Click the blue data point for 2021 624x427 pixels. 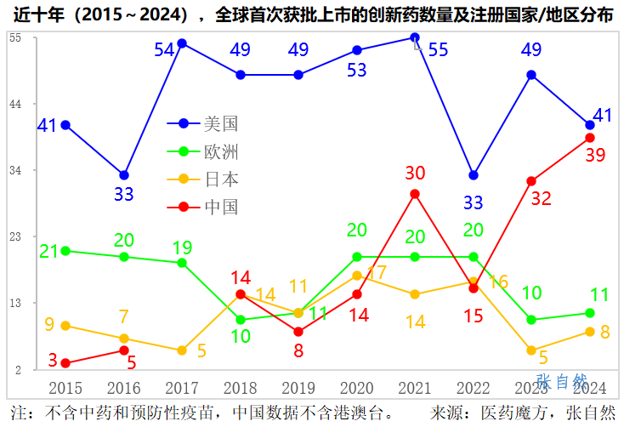point(415,37)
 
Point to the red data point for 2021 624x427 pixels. point(415,194)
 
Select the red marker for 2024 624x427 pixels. point(590,138)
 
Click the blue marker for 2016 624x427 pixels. point(124,175)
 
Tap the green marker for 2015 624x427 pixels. point(65,251)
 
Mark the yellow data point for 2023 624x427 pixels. point(531,350)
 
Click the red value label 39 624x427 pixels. point(595,155)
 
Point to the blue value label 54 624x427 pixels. point(164,50)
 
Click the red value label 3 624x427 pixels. point(53,361)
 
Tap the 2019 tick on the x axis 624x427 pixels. point(298,388)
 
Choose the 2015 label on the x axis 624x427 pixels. point(65,388)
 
